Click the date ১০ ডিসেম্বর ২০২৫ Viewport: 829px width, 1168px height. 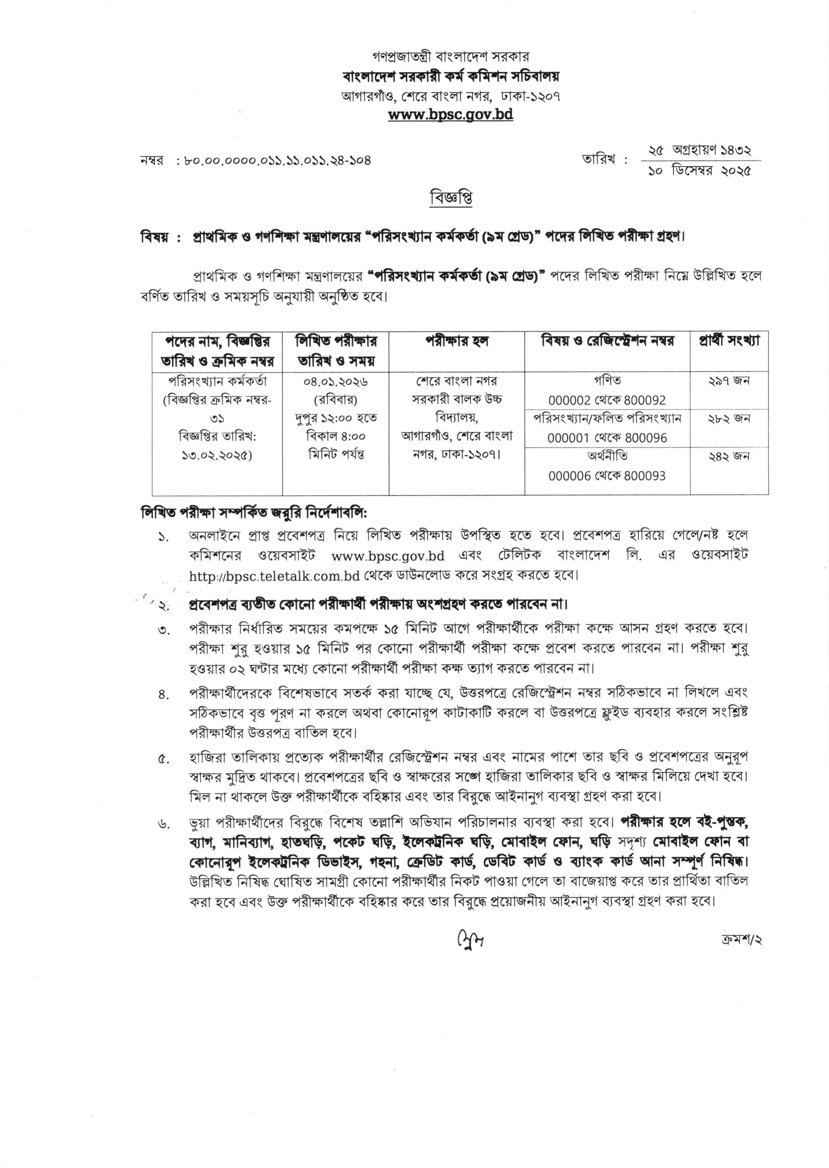(700, 171)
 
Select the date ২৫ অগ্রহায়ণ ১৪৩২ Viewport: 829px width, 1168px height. (699, 150)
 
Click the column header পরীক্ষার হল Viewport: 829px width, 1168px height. (457, 341)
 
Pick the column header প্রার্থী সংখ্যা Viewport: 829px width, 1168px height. (729, 341)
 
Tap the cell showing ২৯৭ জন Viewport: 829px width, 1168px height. (729, 381)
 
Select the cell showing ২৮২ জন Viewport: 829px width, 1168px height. (729, 419)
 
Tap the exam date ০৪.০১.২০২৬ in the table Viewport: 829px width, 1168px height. (336, 381)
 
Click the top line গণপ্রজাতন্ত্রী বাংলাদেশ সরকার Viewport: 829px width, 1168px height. (451, 56)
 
